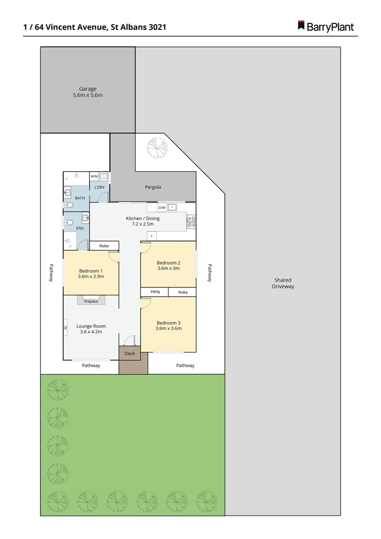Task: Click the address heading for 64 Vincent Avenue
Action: click(x=95, y=27)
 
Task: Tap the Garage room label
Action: click(x=88, y=92)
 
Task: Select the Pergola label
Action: click(x=153, y=187)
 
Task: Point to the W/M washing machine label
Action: click(x=94, y=176)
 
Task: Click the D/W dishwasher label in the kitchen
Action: click(x=162, y=208)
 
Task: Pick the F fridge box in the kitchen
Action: click(x=152, y=236)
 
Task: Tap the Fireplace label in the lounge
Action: click(x=91, y=301)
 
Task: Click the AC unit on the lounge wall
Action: click(x=65, y=327)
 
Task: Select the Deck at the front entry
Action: click(x=130, y=353)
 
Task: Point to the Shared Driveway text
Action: click(x=283, y=283)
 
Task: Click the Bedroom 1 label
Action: click(x=90, y=273)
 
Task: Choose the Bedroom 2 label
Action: click(x=169, y=265)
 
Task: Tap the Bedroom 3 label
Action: click(x=169, y=325)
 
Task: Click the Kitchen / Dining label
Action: click(x=143, y=221)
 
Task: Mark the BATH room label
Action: click(x=80, y=198)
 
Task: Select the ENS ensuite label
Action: click(x=79, y=228)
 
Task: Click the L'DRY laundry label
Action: click(x=100, y=188)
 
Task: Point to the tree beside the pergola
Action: click(x=156, y=146)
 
